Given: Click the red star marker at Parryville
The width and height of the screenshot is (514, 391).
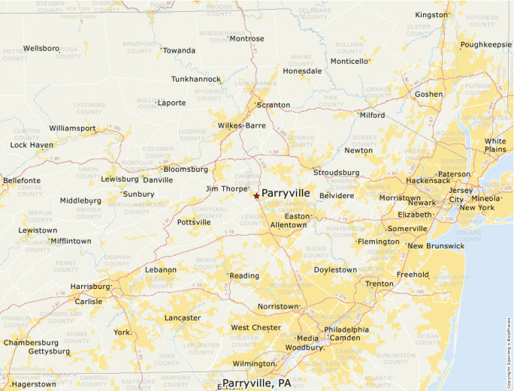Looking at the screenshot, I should tap(256, 196).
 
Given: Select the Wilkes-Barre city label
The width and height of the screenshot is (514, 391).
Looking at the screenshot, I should tap(241, 125).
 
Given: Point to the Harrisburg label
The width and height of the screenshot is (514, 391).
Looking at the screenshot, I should tap(89, 287).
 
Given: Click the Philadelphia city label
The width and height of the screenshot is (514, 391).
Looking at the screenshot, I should tap(346, 329).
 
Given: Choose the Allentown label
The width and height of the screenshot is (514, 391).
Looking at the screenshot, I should tap(288, 225).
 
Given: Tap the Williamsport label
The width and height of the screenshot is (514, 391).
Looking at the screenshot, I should tap(73, 128).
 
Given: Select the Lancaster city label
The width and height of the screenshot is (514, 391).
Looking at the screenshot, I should tap(183, 317).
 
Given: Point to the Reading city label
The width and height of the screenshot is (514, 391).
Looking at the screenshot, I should tap(244, 276).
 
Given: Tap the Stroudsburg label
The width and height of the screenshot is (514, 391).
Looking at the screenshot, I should tap(336, 173).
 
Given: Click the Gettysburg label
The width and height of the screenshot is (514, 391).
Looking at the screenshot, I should tap(49, 351).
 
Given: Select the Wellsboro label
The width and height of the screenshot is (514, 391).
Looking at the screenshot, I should tap(41, 48).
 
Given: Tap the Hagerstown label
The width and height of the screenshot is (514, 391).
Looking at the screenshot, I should tap(34, 384).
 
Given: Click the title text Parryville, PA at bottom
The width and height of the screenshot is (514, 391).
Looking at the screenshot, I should tap(256, 383).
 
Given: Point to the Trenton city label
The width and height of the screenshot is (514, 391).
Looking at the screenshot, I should tap(379, 284).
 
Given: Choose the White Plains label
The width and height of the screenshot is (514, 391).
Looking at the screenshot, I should tap(495, 145).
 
